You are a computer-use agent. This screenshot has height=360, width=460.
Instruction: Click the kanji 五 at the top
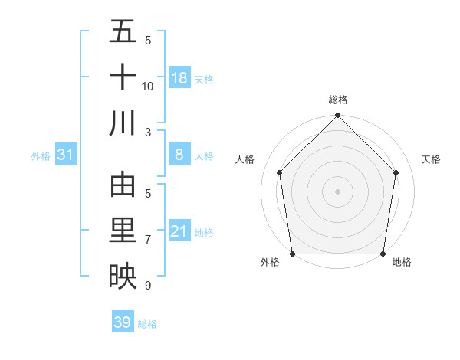pos(123,33)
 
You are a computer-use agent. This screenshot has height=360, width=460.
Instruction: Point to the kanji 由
pos(123,186)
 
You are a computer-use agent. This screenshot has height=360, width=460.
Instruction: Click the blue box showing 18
pos(179,78)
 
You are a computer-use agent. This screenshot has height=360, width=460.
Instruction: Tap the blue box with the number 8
pos(179,155)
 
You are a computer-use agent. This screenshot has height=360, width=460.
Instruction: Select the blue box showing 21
pos(179,231)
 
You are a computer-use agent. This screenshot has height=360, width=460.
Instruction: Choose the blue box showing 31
pos(66,155)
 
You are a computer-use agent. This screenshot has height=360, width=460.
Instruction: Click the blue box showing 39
pos(123,322)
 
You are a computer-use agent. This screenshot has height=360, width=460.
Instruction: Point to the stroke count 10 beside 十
pos(148,87)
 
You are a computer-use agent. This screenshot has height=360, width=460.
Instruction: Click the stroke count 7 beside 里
pos(148,240)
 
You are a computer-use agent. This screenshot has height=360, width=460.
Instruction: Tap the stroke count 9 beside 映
pos(148,285)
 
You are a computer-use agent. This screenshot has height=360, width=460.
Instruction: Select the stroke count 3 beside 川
pos(148,132)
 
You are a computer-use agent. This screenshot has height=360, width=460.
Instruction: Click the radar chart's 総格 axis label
pos(337,100)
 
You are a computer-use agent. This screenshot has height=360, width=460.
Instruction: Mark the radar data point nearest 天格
pos(396,172)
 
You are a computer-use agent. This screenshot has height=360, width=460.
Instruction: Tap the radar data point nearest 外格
pos(292,254)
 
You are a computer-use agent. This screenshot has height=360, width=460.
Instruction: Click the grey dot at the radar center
pos(337,191)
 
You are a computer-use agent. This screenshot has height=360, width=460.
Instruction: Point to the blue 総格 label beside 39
pos(147,324)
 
